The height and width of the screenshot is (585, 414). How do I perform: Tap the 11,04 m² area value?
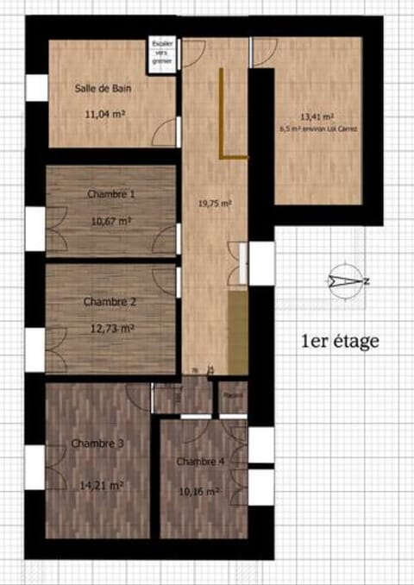[106, 113]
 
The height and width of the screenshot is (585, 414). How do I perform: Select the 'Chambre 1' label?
[111, 194]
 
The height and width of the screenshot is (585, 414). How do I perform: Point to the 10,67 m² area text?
[111, 221]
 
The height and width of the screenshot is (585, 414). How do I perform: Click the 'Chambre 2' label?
[108, 302]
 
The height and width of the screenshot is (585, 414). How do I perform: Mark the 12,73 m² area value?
[111, 328]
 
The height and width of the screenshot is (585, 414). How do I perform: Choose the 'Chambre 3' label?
[98, 443]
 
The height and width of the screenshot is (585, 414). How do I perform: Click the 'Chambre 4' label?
[201, 462]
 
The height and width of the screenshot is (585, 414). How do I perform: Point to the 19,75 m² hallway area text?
[215, 204]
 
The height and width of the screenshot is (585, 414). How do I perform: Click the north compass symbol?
[348, 280]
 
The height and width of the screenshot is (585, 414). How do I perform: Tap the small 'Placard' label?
[231, 395]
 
